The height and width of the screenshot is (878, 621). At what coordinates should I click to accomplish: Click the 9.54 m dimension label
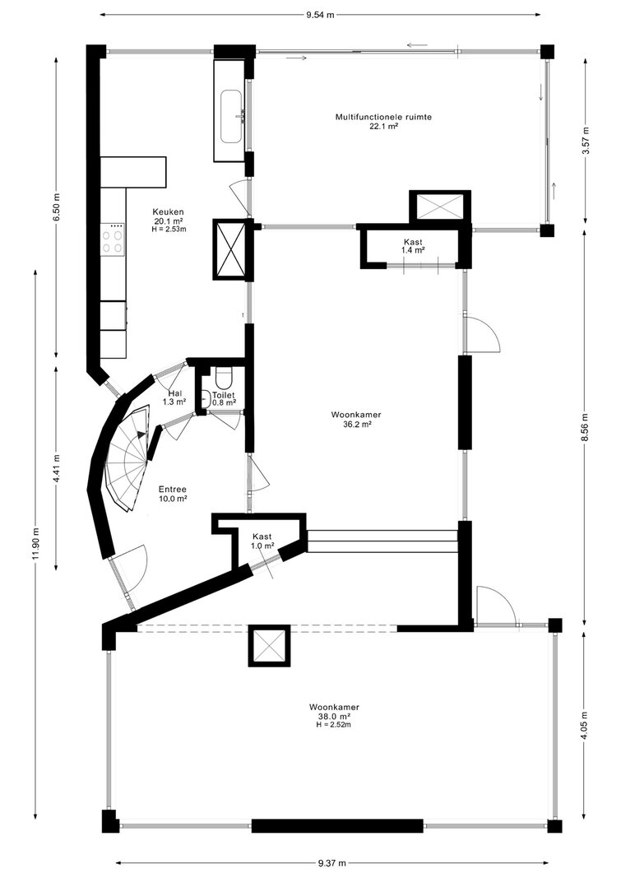click(320, 15)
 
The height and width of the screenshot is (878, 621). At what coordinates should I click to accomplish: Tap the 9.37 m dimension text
click(331, 863)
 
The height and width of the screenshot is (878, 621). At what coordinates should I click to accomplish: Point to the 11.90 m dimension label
click(36, 543)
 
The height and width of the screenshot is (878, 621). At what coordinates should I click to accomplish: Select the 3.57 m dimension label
click(586, 143)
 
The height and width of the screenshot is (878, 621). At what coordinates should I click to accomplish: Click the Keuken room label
click(169, 211)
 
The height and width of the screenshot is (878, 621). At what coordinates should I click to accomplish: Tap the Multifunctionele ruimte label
click(383, 117)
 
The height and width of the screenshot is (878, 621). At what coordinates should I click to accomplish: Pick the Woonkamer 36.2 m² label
click(356, 420)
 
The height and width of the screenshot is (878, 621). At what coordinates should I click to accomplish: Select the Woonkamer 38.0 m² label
click(334, 711)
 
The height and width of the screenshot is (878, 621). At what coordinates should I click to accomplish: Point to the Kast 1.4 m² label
click(413, 246)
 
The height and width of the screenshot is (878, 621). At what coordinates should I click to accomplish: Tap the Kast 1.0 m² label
click(262, 541)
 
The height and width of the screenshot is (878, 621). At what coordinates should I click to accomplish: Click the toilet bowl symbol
click(223, 377)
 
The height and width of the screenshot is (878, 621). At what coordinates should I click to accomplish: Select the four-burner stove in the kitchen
click(113, 239)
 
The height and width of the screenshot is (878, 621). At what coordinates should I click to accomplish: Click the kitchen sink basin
click(232, 117)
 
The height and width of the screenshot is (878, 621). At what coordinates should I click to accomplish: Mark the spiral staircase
click(127, 457)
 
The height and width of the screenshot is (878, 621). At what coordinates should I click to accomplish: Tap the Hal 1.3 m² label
click(174, 397)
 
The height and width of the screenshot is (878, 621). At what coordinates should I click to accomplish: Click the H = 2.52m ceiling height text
click(334, 725)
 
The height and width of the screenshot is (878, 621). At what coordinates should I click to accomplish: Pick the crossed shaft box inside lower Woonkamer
click(270, 646)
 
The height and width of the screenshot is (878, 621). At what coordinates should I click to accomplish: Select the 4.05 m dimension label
click(585, 726)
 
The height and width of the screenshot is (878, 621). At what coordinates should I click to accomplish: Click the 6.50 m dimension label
click(56, 207)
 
